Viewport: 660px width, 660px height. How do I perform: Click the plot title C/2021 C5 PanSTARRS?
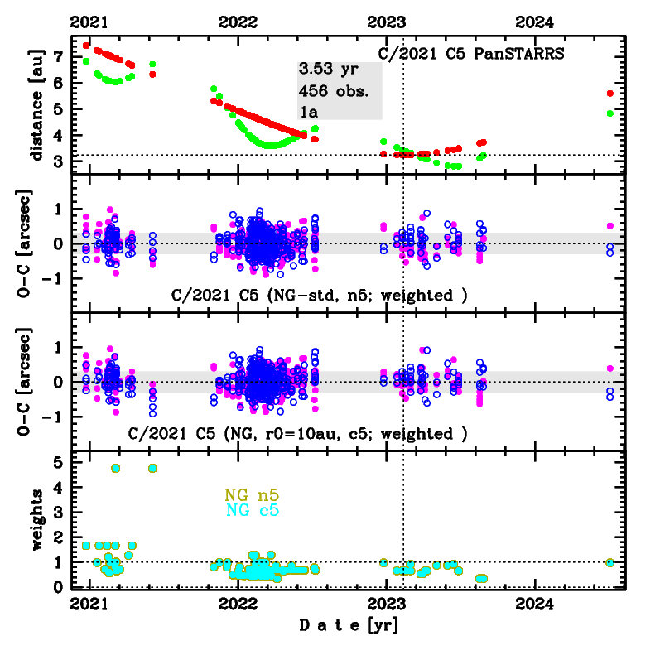click(470, 55)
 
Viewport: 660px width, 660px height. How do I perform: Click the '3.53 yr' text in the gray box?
click(328, 70)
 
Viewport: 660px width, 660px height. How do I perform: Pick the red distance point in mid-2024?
click(610, 94)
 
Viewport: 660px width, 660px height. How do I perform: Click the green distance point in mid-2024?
click(610, 113)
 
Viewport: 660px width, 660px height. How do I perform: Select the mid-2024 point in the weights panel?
click(610, 562)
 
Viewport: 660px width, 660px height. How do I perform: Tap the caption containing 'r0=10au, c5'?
click(298, 433)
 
